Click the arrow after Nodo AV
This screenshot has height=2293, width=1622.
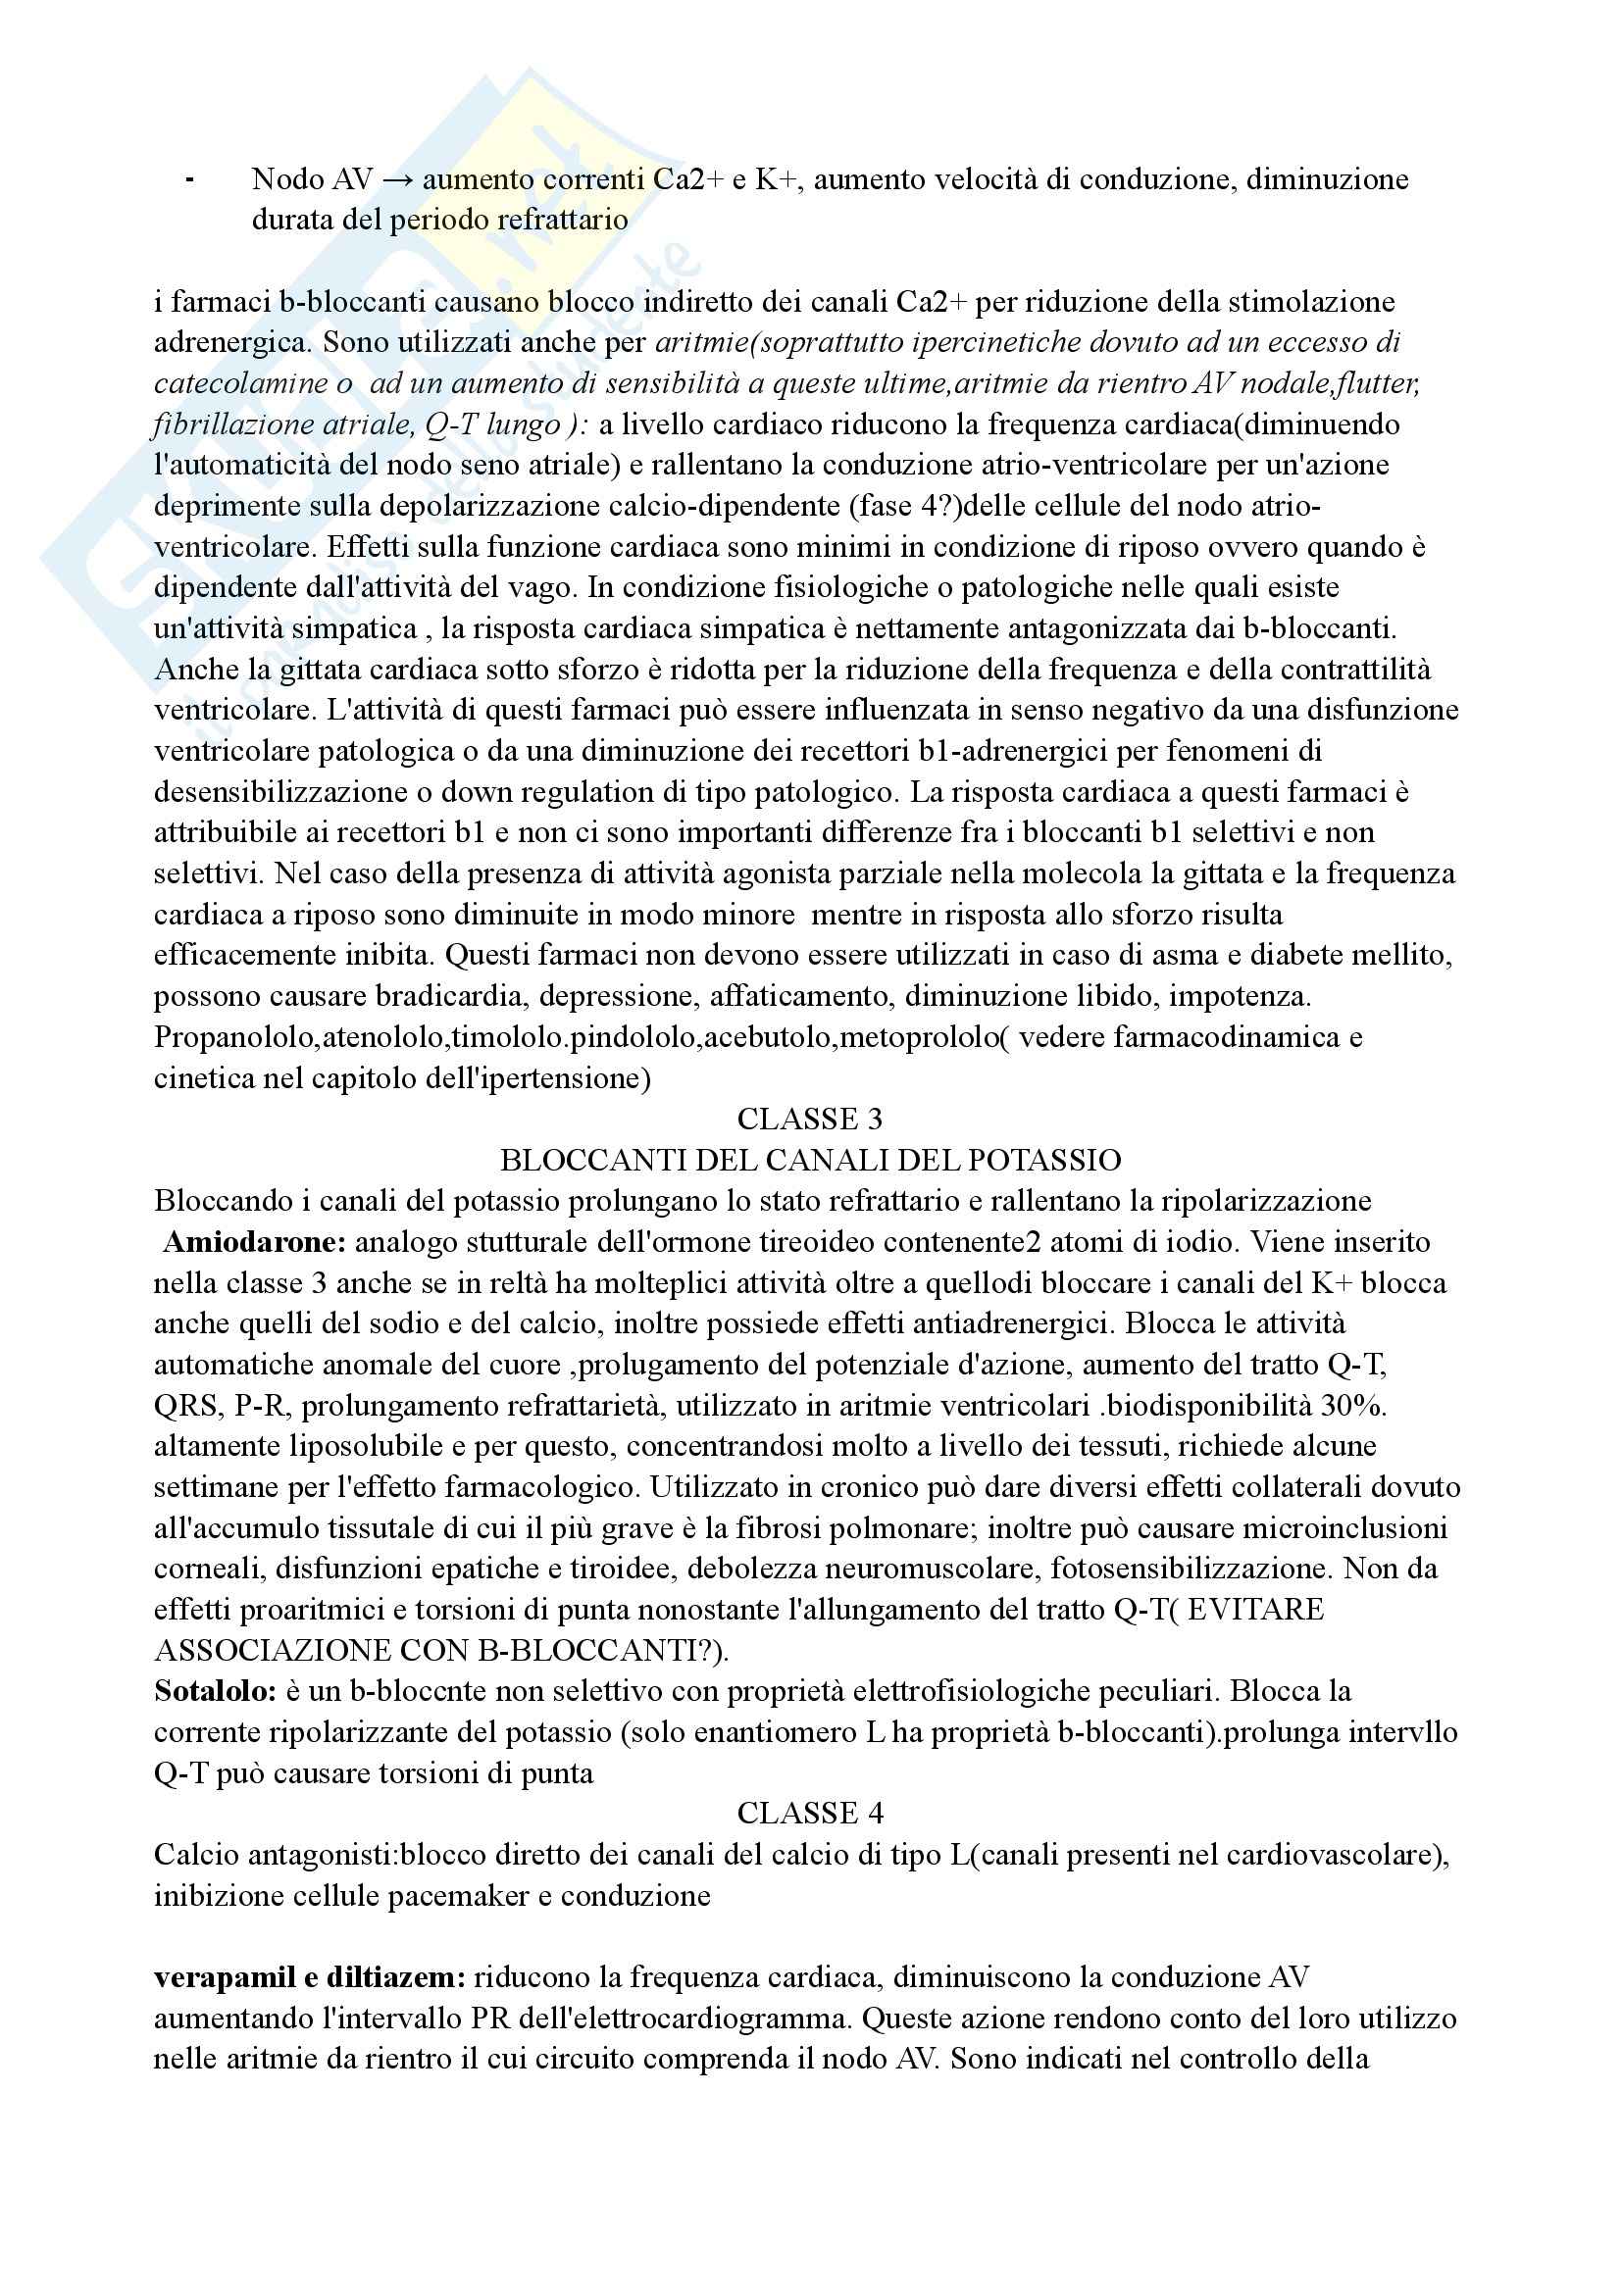(396, 179)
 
